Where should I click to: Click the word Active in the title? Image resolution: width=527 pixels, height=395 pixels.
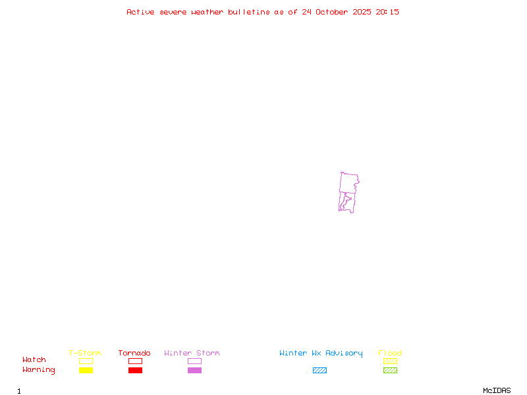pyautogui.click(x=141, y=12)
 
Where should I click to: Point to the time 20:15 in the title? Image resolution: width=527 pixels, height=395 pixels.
pyautogui.click(x=387, y=12)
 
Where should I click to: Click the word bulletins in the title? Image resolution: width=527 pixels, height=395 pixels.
pyautogui.click(x=249, y=12)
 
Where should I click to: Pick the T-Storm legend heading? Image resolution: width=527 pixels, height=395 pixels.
pyautogui.click(x=85, y=354)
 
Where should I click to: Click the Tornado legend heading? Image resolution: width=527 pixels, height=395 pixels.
pyautogui.click(x=134, y=354)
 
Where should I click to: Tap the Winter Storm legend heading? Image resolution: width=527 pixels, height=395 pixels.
pyautogui.click(x=192, y=354)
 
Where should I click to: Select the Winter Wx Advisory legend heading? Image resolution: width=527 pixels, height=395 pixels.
pyautogui.click(x=321, y=354)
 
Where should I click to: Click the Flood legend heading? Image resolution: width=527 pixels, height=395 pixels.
pyautogui.click(x=390, y=354)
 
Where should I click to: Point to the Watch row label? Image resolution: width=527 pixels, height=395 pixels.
pyautogui.click(x=34, y=360)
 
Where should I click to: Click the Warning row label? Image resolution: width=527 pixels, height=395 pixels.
pyautogui.click(x=38, y=370)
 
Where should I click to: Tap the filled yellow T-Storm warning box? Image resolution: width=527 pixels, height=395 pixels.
pyautogui.click(x=86, y=371)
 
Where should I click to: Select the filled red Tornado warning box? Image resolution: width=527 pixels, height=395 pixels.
pyautogui.click(x=135, y=371)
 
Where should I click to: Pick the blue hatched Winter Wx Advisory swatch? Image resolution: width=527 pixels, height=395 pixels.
pyautogui.click(x=319, y=371)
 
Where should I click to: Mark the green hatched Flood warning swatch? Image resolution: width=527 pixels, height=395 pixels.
pyautogui.click(x=390, y=371)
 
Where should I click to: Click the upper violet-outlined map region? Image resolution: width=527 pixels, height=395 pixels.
pyautogui.click(x=348, y=182)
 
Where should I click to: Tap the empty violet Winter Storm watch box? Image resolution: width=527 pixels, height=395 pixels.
pyautogui.click(x=194, y=361)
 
